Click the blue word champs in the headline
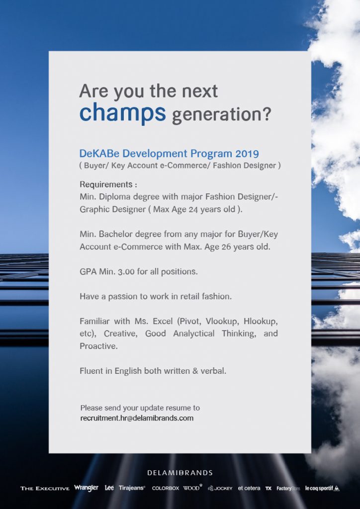pos(122,113)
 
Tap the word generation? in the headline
pos(221,114)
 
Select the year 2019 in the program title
pos(247,153)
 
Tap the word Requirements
pos(106,184)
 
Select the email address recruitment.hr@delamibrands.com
pos(137,418)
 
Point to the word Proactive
pos(98,346)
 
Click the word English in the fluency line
pos(128,371)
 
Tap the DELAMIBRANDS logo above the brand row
pos(180,473)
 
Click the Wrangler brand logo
pos(86,488)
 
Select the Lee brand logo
pos(109,488)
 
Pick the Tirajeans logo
pos(132,488)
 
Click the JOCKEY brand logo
pos(220,488)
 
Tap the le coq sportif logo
pos(322,488)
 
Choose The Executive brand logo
pos(45,488)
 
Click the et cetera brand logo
pos(249,488)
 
